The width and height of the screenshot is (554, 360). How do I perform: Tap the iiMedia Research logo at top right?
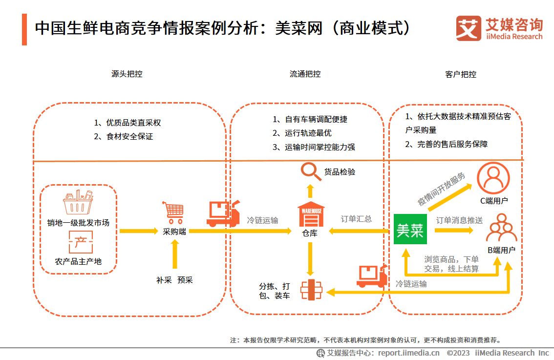(x=499, y=29)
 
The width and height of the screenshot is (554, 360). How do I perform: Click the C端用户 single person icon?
(x=493, y=178)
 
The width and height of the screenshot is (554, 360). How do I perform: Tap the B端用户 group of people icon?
(x=501, y=229)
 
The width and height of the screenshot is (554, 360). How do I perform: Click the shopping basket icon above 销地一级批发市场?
(x=78, y=202)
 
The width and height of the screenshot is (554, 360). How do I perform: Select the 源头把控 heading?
(x=127, y=74)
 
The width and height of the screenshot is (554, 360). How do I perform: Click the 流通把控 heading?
(x=305, y=74)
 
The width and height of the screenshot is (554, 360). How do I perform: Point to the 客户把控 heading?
(x=461, y=74)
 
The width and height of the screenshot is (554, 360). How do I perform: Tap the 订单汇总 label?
(x=356, y=219)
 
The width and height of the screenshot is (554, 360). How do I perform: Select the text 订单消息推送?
(x=459, y=220)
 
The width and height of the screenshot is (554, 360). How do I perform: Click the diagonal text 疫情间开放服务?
(x=441, y=189)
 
